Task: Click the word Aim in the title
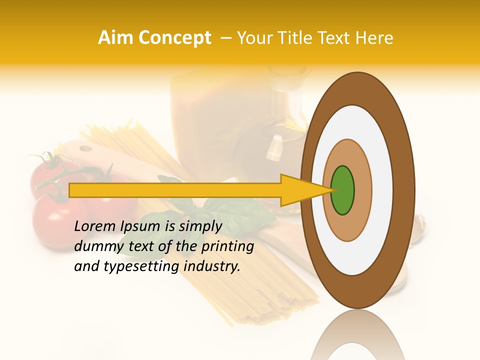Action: click(x=116, y=38)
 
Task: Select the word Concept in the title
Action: click(x=173, y=38)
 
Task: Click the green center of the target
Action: click(x=342, y=190)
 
